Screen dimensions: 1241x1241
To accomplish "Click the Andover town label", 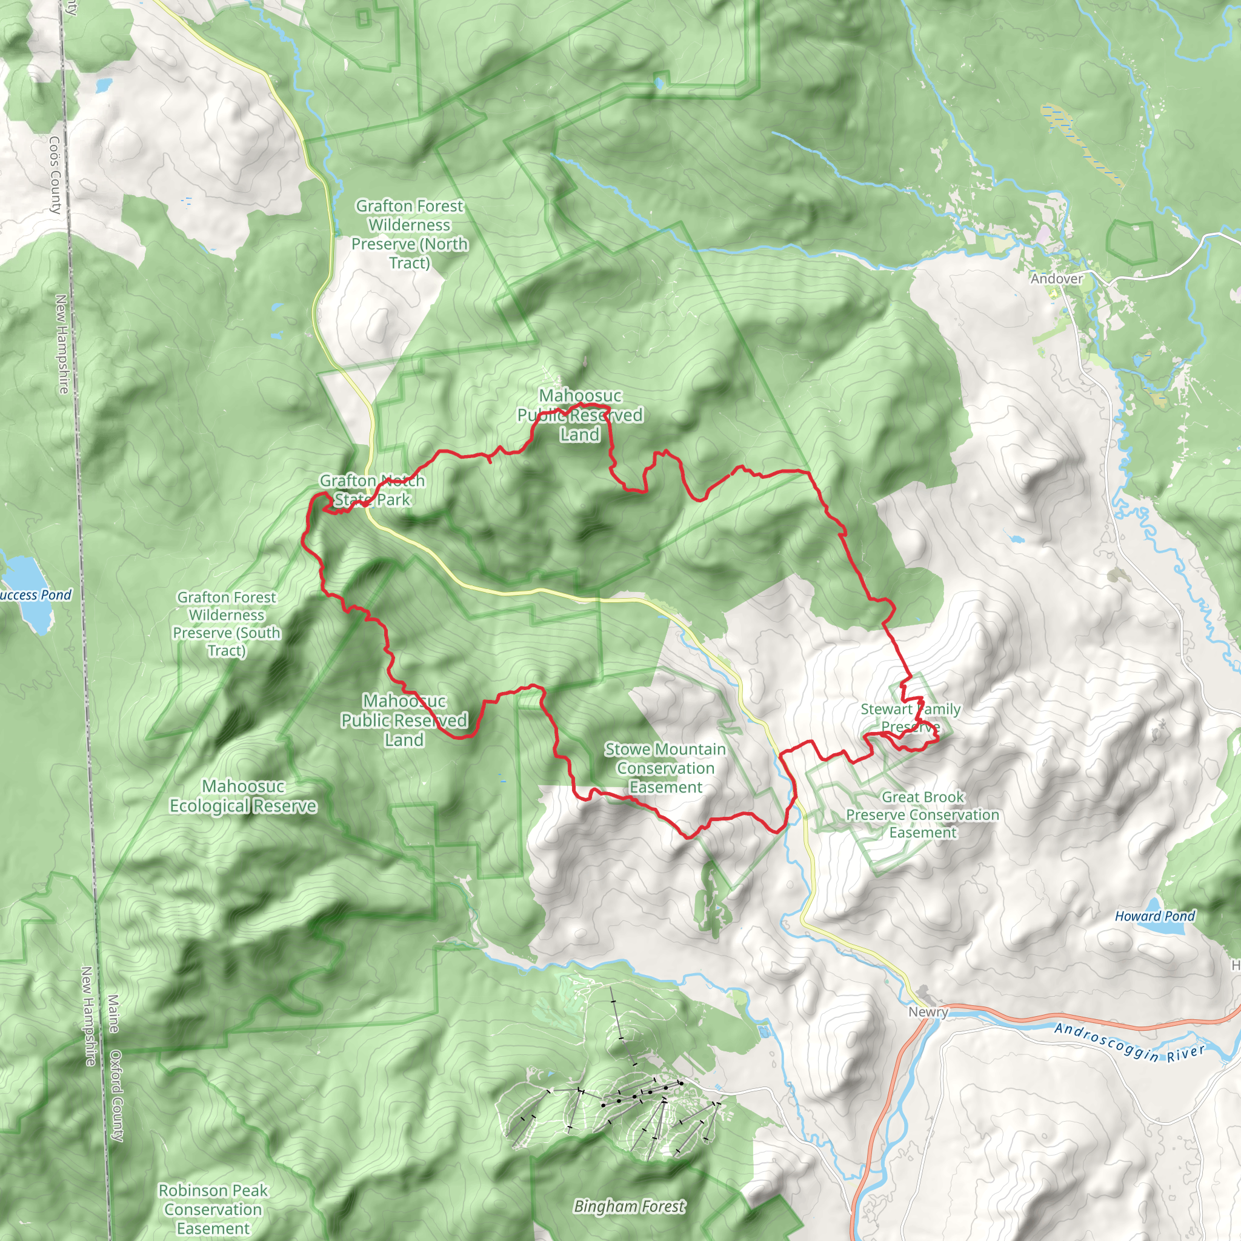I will point(1057,279).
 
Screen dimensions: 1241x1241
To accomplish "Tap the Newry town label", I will point(928,1013).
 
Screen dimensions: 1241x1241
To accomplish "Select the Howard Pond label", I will point(1155,917).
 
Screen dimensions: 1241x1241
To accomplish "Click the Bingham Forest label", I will point(630,1207).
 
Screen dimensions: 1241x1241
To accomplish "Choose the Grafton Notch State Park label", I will point(372,490).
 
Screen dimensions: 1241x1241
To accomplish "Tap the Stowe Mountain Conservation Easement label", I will point(665,768).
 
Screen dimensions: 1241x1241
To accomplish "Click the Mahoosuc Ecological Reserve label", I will point(243,796).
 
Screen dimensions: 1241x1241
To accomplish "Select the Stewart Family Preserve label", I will point(911,717).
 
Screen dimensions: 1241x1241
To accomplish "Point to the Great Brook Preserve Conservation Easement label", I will point(922,814).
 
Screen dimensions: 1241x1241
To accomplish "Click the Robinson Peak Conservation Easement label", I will point(213,1209).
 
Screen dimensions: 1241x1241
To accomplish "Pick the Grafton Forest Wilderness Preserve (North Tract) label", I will point(410,235).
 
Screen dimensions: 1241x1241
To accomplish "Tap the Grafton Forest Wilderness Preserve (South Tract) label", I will point(227,624).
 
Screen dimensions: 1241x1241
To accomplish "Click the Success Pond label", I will point(35,596).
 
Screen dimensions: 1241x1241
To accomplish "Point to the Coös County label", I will point(55,175).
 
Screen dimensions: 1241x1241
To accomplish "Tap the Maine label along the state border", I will point(113,1013).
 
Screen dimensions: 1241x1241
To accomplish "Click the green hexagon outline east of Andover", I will point(1131,242).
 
